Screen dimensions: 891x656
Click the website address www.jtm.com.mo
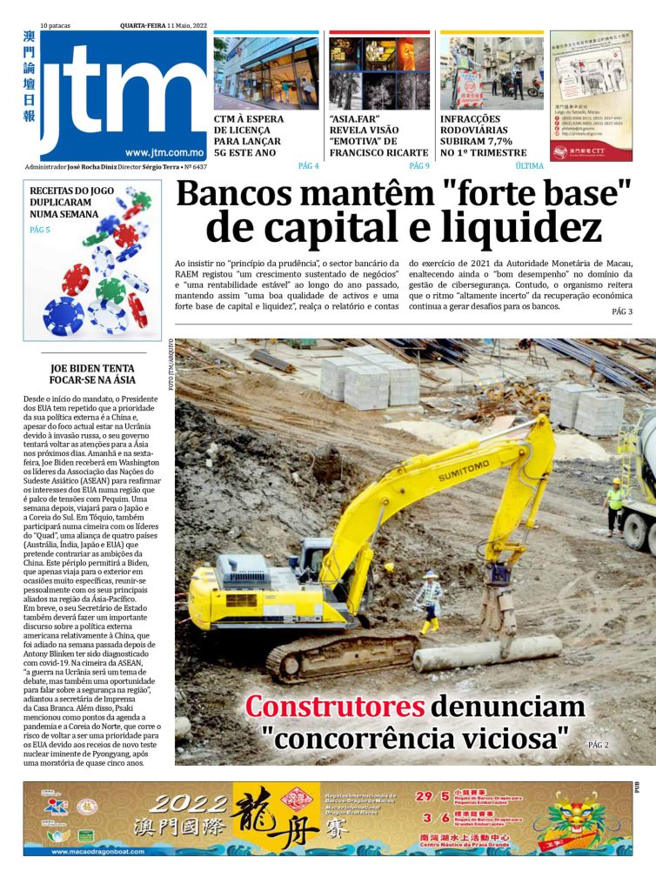pos(164,151)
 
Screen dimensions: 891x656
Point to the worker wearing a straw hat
pos(428,600)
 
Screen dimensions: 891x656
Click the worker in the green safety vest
pos(615,505)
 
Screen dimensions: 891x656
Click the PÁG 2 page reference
pos(598,745)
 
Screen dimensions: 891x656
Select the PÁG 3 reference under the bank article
pos(622,311)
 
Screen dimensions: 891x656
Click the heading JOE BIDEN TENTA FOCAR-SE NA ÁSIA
pos(92,373)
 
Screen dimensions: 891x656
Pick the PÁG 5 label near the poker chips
pos(40,230)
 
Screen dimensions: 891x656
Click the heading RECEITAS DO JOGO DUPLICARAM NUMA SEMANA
pos(64,201)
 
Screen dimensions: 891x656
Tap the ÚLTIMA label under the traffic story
pos(529,165)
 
